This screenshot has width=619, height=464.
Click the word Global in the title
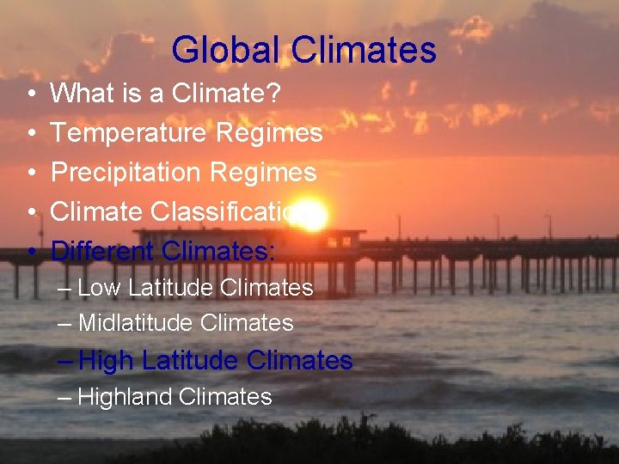coord(226,50)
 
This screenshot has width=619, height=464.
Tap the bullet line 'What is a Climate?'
coord(165,93)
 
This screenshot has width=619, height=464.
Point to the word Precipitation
coord(125,172)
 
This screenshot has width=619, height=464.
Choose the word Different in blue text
coord(102,251)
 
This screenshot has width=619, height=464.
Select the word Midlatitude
coord(136,323)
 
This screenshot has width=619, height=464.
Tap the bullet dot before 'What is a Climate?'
coord(31,93)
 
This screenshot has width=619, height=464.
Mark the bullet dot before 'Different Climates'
coord(31,251)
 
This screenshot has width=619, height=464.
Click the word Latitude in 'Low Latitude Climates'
coord(170,287)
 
